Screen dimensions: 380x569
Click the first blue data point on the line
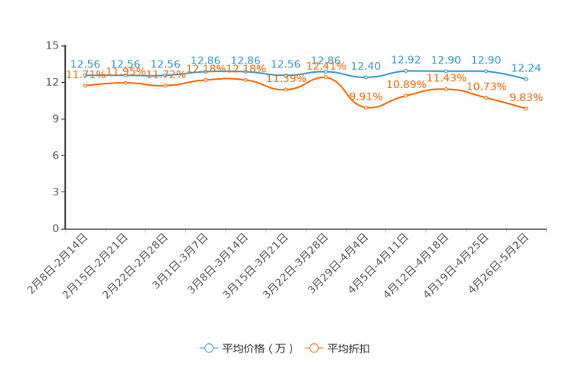coord(85,75)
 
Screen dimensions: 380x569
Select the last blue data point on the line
coord(527,79)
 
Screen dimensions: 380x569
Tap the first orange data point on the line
coord(85,85)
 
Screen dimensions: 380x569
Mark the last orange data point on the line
coord(527,110)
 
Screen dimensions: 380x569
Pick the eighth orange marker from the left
coord(366,109)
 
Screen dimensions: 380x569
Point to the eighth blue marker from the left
coord(366,77)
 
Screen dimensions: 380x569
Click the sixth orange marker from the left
coord(285,90)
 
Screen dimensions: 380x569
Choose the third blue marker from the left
coord(165,75)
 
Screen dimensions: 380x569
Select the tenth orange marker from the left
coord(447,89)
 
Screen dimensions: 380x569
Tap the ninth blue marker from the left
coord(406,70)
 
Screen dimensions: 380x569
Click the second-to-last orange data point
coord(486,98)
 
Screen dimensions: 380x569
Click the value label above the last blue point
coord(527,68)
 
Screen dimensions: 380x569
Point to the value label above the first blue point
coord(85,64)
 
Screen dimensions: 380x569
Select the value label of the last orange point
coord(526,98)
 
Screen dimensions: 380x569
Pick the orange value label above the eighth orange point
coord(366,97)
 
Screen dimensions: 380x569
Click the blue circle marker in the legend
coord(207,348)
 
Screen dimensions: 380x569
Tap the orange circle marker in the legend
coord(313,348)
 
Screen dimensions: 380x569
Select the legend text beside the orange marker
coord(350,349)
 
